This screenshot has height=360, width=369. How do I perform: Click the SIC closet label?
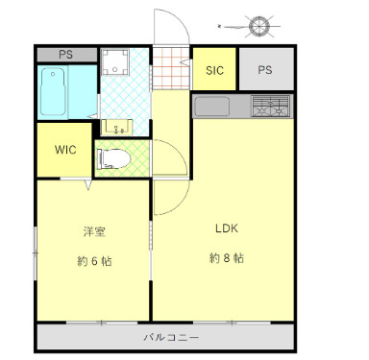pos(215,69)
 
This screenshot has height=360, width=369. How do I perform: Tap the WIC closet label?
pos(65,150)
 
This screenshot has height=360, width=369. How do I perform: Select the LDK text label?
pos(227,229)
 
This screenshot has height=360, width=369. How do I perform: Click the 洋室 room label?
pos(93,231)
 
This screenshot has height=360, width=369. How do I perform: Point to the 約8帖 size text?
pos(227,258)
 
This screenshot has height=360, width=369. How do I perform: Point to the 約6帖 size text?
pos(94,260)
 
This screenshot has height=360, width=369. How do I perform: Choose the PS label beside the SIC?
pos(264,69)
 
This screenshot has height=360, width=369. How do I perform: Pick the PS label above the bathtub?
pos(65,55)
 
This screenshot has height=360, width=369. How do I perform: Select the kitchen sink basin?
pos(211,106)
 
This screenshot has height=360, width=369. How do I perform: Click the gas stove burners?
pos(269,107)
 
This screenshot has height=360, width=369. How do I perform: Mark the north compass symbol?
pos(258,23)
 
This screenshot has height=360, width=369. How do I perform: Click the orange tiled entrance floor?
pos(173,69)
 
